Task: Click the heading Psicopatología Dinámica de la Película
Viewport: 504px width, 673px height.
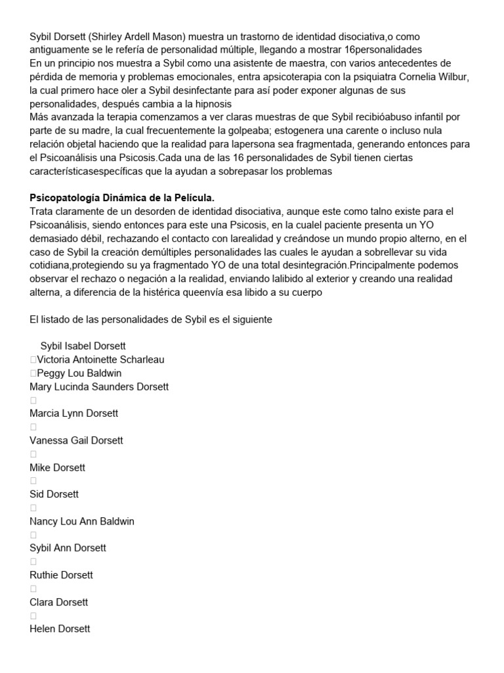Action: tap(122, 198)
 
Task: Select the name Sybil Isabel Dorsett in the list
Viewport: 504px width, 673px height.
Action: tap(83, 346)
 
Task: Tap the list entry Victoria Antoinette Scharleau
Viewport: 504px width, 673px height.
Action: tap(100, 360)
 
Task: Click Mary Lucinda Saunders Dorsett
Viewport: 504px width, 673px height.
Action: tap(99, 386)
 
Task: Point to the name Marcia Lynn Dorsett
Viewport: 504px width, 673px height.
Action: tap(74, 413)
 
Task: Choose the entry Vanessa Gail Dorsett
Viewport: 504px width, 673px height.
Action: tap(76, 440)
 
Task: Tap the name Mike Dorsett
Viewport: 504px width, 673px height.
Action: tap(58, 467)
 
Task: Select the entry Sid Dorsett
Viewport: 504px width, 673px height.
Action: tap(54, 494)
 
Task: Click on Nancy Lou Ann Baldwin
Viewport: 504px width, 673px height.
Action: tap(82, 521)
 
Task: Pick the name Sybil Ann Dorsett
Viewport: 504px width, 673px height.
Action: tap(68, 548)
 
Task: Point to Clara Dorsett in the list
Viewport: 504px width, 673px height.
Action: tap(59, 602)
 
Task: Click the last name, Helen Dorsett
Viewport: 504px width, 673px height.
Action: tap(60, 629)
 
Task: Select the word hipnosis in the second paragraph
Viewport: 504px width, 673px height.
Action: tap(209, 104)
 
